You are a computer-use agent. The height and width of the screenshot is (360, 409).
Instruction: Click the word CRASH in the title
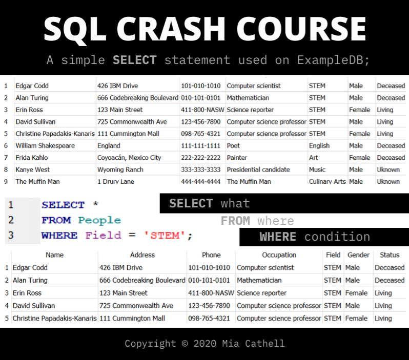coord(171,29)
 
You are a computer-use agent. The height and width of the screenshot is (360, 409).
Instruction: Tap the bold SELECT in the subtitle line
coord(135,60)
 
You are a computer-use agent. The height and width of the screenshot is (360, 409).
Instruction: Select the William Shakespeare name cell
coord(45,146)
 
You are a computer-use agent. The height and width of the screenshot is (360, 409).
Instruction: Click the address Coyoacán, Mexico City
coord(129,158)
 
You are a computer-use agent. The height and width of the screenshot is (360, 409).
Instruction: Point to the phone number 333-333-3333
coord(200,170)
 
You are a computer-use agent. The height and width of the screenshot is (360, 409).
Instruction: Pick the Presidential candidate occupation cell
coord(258,170)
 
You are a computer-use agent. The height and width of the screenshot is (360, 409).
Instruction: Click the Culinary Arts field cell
coord(327,181)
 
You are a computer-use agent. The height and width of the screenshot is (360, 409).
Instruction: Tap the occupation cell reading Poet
coord(233,146)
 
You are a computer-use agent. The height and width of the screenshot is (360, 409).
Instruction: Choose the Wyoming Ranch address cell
coord(120,170)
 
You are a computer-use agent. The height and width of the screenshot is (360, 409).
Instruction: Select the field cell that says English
coord(319,146)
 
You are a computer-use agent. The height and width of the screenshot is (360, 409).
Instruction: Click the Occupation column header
coord(279,255)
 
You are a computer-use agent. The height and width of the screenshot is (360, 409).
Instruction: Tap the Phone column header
coord(211,255)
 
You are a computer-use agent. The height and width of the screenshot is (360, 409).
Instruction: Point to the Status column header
coord(390,255)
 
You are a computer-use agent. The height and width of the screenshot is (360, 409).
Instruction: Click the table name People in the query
coord(99,221)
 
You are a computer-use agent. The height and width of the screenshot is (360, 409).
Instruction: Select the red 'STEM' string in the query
coord(165,236)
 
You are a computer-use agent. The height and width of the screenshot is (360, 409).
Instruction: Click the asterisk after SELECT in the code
coord(96,204)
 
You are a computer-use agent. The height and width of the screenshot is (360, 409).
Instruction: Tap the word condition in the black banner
coord(337,237)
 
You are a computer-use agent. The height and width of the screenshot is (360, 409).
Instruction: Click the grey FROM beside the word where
coord(235,221)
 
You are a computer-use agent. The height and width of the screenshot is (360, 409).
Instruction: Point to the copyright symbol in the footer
coord(185,343)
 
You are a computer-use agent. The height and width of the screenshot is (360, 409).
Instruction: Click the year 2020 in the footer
coord(205,343)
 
